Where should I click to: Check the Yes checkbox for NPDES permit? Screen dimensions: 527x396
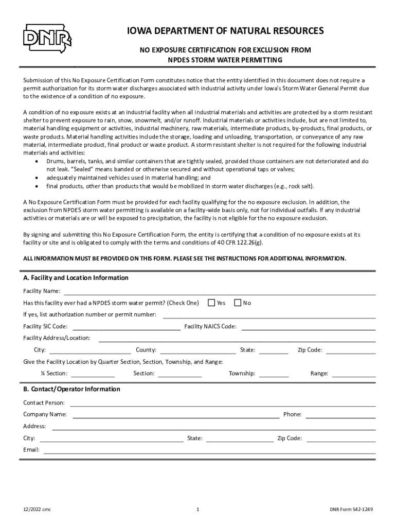click(x=211, y=303)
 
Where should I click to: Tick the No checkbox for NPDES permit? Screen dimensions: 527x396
click(x=237, y=303)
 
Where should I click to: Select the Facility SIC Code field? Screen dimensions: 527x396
click(x=127, y=326)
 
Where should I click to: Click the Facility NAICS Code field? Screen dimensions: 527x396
click(x=308, y=326)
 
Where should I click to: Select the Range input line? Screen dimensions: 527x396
click(x=353, y=373)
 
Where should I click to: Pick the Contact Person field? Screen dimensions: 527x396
click(x=222, y=402)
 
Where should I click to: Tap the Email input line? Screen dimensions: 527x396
click(x=210, y=450)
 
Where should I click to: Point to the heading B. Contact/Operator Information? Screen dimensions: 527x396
click(x=71, y=389)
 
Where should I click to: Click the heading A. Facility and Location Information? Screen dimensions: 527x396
click(x=76, y=278)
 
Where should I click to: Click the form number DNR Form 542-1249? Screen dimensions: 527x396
click(x=351, y=510)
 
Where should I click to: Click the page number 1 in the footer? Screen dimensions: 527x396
click(x=198, y=510)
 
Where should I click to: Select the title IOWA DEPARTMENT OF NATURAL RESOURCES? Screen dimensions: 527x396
click(x=226, y=31)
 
